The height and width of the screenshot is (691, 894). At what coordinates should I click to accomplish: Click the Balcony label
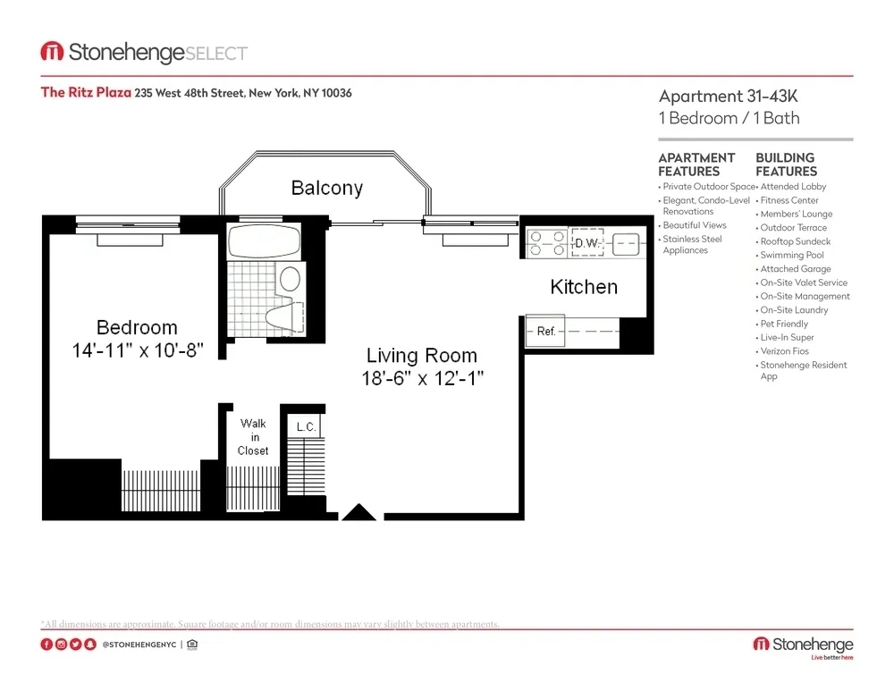click(326, 188)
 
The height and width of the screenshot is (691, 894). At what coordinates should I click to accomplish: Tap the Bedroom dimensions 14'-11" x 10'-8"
click(138, 350)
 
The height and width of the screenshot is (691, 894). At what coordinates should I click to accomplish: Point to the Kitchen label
click(583, 287)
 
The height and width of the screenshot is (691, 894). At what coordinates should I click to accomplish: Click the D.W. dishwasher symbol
click(586, 243)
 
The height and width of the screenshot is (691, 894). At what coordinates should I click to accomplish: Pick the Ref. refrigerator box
click(546, 331)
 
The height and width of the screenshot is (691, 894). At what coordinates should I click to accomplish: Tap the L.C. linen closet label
click(306, 427)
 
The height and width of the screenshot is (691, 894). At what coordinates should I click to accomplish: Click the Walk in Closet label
click(253, 437)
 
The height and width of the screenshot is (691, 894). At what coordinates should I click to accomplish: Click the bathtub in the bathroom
click(266, 242)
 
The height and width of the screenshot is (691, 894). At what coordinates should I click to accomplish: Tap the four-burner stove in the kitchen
click(545, 243)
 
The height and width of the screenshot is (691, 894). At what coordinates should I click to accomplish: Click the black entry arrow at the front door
click(360, 512)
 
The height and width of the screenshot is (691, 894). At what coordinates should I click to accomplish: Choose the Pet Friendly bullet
click(784, 324)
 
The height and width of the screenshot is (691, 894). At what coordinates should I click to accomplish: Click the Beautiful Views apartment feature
click(695, 225)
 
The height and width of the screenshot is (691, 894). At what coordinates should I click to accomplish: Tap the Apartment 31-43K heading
click(729, 97)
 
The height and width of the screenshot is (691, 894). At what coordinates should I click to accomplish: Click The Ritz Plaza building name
click(86, 92)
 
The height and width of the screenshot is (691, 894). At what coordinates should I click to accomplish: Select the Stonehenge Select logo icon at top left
click(51, 53)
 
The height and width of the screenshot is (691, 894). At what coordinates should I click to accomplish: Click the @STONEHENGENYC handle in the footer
click(138, 645)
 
